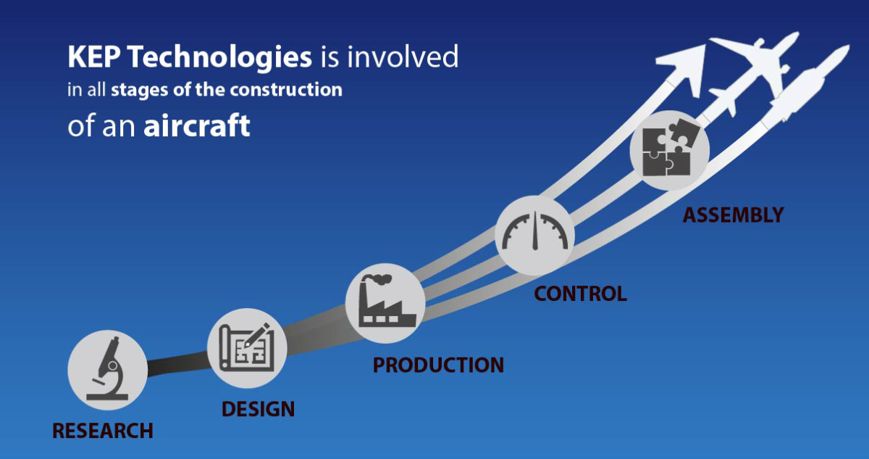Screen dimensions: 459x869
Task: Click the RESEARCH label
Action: coord(103,431)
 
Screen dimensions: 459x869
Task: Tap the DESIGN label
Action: coord(258,408)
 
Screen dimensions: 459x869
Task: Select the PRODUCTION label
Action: coord(438,365)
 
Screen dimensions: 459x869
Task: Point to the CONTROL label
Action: coord(580,294)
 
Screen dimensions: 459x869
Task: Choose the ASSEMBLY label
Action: coord(733,215)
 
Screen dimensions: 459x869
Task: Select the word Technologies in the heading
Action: coord(218,57)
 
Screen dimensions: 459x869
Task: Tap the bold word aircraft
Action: coord(197,125)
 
